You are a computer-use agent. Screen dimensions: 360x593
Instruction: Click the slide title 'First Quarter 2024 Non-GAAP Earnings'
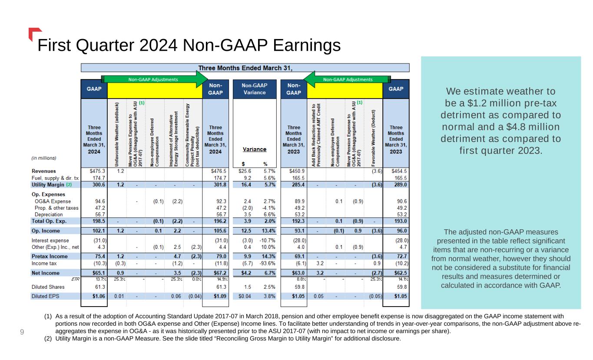coord(188,45)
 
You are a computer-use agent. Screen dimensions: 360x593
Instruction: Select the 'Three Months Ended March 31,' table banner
coord(245,68)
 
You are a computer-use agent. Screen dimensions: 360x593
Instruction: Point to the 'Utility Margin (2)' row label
coord(52,185)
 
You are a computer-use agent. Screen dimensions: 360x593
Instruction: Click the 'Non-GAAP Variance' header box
coord(255,89)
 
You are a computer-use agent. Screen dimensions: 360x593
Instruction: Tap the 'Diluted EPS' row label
coord(48,297)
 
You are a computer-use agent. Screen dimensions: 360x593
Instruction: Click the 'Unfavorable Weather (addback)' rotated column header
coord(117,133)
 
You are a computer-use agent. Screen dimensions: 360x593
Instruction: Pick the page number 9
coord(21,332)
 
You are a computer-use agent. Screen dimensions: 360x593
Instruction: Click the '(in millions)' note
coord(43,158)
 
